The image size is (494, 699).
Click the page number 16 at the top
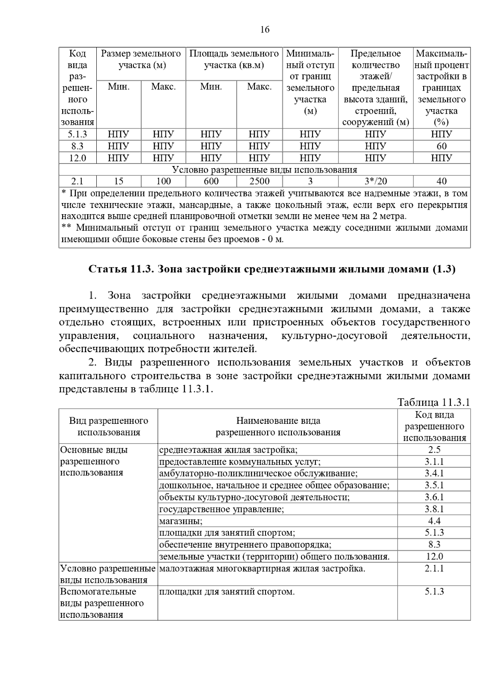point(265,30)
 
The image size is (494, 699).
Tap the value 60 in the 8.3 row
point(442,146)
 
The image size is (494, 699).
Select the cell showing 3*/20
point(375,181)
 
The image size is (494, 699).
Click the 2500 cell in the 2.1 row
point(259,181)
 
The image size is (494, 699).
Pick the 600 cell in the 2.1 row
point(211,181)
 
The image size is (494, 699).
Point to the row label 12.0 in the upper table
point(77,158)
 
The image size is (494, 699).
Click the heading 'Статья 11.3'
point(272,269)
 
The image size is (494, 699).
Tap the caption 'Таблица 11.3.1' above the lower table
point(433,402)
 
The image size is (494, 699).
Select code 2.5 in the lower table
point(434,450)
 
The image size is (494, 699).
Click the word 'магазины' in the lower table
point(180,521)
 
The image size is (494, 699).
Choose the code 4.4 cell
point(434,521)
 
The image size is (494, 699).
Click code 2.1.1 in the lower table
point(434,569)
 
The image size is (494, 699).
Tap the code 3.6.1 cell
point(434,497)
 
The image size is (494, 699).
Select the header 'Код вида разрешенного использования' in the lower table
point(434,426)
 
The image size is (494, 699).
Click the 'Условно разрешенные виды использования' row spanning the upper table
point(264,170)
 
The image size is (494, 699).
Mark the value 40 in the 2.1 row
point(442,181)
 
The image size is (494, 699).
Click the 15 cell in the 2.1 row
point(119,181)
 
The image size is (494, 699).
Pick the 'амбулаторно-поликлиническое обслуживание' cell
point(258,474)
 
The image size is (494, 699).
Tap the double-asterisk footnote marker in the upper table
point(66,228)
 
